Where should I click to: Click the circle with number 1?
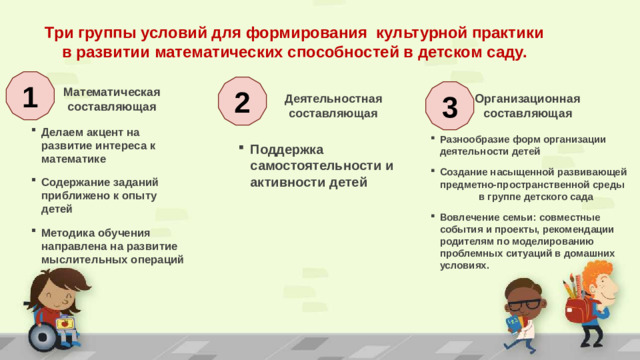29,96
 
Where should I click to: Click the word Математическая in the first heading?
111,90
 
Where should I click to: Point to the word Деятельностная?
333,98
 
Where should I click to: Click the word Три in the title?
62,32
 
